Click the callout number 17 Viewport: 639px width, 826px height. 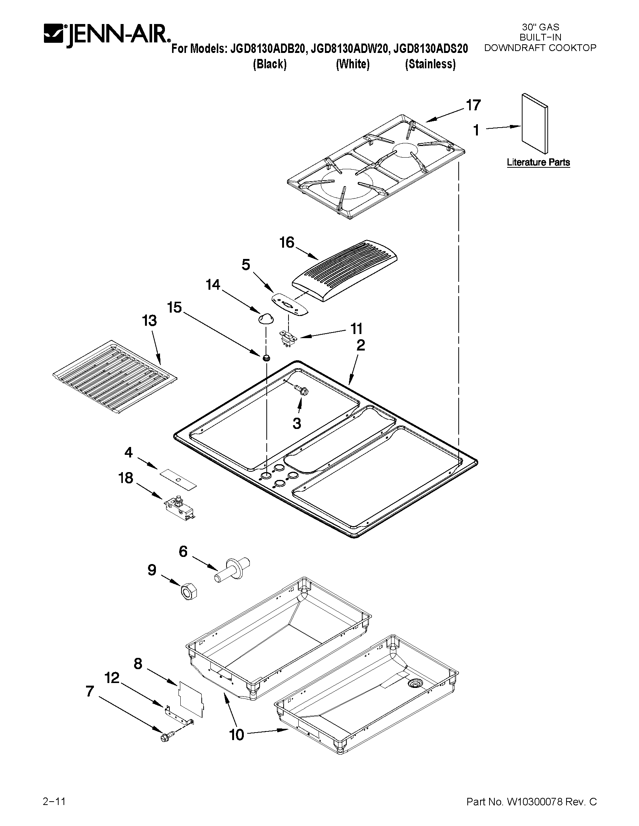coord(473,105)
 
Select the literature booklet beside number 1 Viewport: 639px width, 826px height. coord(535,124)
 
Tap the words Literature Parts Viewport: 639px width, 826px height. coord(538,162)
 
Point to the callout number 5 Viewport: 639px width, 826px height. coord(246,265)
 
